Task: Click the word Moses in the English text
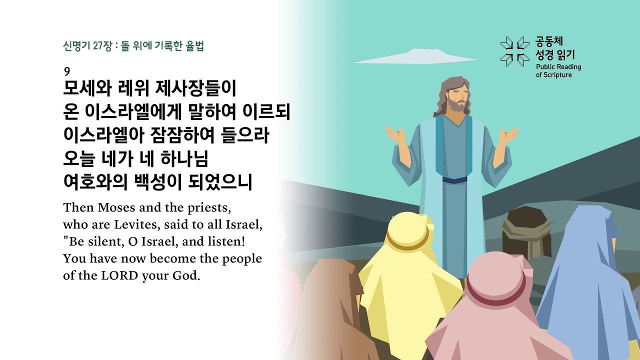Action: (116, 207)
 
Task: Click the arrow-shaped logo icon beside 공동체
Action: (514, 51)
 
